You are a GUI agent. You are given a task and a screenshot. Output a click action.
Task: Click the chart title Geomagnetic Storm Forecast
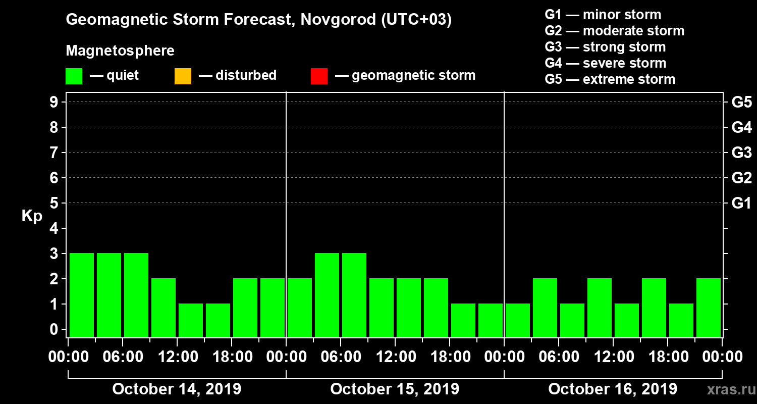[259, 20]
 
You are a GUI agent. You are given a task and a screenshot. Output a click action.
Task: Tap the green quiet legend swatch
[74, 76]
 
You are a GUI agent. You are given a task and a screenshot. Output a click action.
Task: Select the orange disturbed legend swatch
[183, 76]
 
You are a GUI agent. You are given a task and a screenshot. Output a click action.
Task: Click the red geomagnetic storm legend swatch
[319, 76]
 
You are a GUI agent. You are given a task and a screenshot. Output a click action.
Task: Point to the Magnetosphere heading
[120, 51]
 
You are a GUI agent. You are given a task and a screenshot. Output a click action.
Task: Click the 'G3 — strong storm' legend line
[605, 47]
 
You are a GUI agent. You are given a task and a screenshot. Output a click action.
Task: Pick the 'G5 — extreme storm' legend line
[610, 79]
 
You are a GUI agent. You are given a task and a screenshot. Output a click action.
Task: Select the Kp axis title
[32, 216]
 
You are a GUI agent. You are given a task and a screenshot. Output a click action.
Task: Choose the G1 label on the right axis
[741, 203]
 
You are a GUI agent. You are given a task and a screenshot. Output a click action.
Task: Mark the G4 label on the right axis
[741, 127]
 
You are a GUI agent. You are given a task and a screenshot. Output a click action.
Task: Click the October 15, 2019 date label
[395, 389]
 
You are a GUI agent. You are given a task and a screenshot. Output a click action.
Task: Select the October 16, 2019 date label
[613, 389]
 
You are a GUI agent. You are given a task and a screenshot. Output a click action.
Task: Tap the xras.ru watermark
[728, 389]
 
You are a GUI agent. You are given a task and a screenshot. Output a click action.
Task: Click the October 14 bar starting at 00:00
[82, 295]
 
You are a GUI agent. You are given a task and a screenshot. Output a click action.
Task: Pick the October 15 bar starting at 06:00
[354, 295]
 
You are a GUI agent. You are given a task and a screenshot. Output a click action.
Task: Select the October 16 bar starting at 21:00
[709, 308]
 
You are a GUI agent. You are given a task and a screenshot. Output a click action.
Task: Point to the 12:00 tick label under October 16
[613, 357]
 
